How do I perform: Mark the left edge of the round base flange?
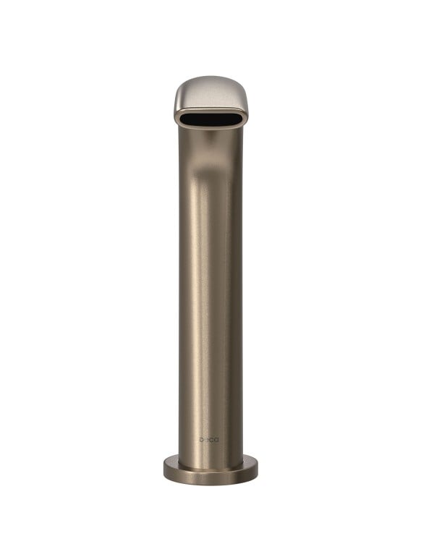click(x=164, y=466)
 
